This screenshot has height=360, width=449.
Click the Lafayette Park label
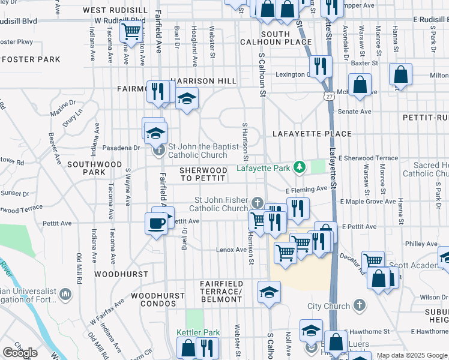(264, 168)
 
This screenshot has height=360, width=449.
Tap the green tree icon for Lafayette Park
(298, 167)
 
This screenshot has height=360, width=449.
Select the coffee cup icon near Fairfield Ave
(156, 224)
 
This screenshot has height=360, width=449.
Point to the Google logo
(20, 353)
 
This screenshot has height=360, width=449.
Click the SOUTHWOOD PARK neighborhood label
(94, 168)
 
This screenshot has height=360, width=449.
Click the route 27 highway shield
(328, 95)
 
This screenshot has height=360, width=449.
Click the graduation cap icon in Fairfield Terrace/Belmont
(269, 292)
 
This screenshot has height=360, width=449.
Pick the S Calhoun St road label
(262, 74)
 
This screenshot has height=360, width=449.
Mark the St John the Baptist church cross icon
(158, 150)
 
